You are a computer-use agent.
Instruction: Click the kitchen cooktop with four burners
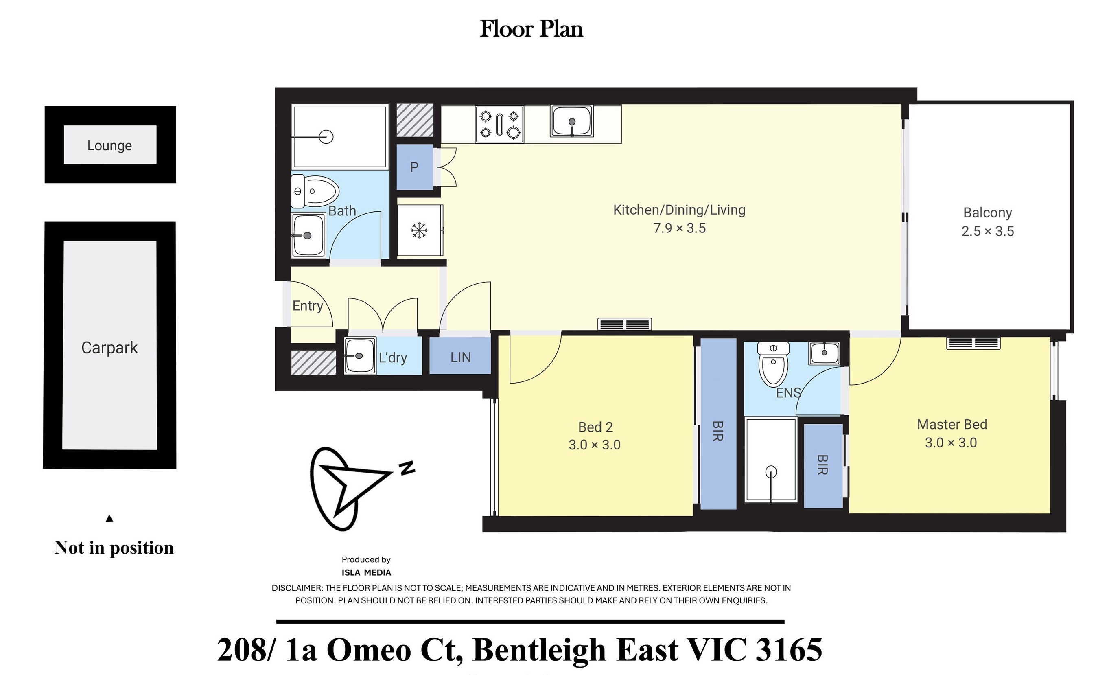(x=500, y=124)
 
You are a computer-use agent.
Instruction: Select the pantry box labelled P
(x=414, y=167)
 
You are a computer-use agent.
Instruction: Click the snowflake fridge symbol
(x=419, y=230)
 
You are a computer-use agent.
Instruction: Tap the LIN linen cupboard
(x=460, y=357)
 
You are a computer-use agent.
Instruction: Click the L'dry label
(x=393, y=357)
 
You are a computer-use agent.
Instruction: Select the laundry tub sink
(x=360, y=356)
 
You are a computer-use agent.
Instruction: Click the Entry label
(x=308, y=306)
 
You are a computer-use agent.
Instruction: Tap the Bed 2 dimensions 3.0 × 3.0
(x=595, y=445)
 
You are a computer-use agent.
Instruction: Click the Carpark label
(x=109, y=348)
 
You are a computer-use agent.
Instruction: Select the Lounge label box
(x=110, y=145)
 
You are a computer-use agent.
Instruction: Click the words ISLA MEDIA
(x=366, y=573)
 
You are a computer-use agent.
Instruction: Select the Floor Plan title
(x=531, y=29)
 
